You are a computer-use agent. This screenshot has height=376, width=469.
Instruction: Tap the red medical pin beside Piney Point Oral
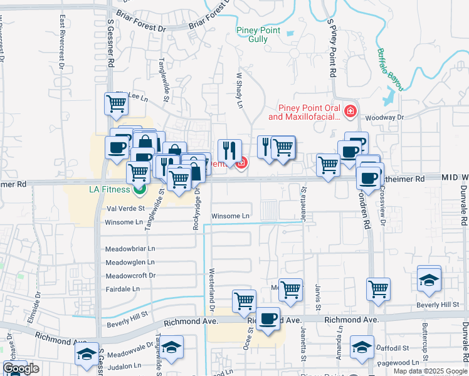[350, 113]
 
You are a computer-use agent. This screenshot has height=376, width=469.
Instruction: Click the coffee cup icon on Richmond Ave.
[268, 319]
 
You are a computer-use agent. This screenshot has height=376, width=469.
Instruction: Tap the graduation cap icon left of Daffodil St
[362, 347]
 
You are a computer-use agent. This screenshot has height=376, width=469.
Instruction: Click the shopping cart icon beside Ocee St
[244, 301]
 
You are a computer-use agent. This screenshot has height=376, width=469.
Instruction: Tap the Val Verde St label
[126, 209]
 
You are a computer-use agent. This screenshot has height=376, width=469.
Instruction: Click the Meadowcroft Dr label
[130, 276]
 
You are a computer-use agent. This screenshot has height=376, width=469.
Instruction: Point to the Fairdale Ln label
[123, 289]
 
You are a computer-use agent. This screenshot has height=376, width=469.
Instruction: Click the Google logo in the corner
[21, 368]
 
